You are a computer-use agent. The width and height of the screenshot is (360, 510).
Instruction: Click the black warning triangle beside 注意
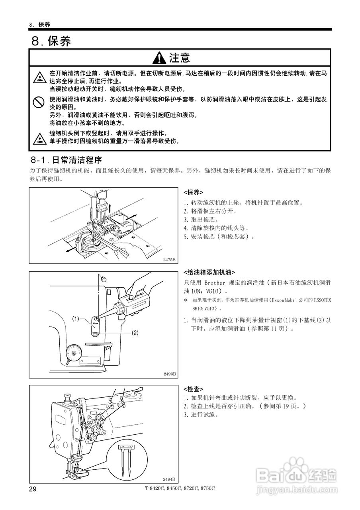pos(160,58)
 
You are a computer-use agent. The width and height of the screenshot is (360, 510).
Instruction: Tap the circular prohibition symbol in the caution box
pos(38,103)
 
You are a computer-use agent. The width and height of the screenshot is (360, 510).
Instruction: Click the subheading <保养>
pos(193,192)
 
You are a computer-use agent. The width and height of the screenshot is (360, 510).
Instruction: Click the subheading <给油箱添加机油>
pos(209,273)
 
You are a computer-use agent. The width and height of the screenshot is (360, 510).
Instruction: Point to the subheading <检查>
pos(193,388)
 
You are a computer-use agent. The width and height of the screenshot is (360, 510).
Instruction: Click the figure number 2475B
pos(169,259)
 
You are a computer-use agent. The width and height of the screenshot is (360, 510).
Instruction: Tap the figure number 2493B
pos(169,374)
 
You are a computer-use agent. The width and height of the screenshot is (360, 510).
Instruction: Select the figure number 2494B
pos(169,479)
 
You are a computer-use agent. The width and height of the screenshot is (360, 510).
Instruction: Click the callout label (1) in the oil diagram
pos(76,318)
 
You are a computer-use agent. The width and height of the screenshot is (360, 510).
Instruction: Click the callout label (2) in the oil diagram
pos(135,332)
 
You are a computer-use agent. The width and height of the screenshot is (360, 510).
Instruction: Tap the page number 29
pos(33,489)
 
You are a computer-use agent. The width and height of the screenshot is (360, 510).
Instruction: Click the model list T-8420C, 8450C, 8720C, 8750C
pos(180,488)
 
